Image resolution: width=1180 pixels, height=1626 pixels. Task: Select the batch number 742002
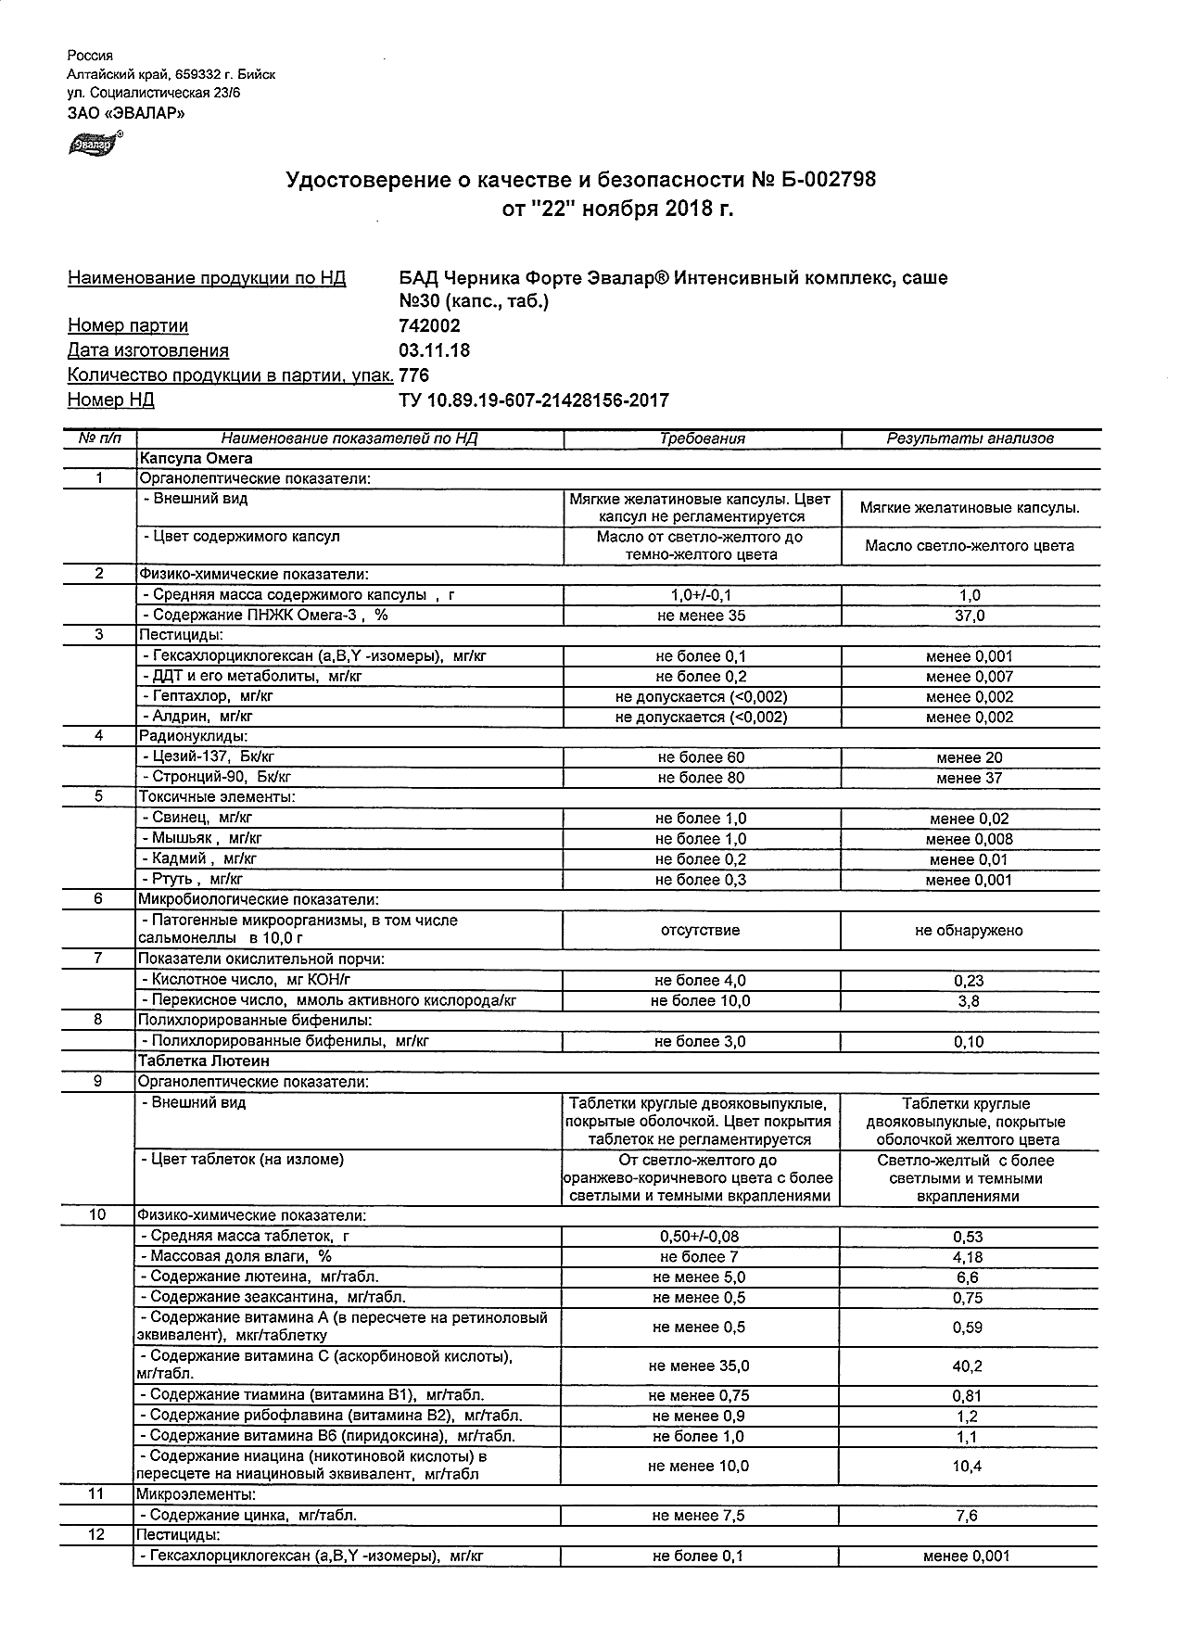[429, 325]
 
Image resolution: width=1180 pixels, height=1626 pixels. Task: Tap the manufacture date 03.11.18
[434, 350]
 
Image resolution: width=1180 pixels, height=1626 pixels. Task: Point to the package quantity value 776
[413, 375]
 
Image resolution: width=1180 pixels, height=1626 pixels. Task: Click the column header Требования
[702, 438]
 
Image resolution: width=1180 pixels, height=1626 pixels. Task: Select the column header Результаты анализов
[970, 438]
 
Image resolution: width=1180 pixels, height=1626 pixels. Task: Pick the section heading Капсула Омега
[196, 458]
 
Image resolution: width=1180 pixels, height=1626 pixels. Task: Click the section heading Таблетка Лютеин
[203, 1061]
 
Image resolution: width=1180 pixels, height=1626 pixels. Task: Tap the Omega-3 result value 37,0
[970, 616]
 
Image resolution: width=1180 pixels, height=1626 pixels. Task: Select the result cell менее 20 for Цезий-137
[970, 757]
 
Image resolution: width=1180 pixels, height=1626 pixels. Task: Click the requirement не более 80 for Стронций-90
[701, 778]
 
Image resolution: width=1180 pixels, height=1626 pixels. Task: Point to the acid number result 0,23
[969, 981]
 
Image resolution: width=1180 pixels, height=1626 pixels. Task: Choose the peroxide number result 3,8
[969, 1001]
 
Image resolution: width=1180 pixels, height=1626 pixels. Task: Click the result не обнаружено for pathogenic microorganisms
[969, 930]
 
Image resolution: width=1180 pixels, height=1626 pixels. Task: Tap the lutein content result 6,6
[968, 1277]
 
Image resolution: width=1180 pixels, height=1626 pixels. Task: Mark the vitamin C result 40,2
[968, 1366]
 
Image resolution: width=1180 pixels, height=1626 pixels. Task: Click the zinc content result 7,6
[968, 1516]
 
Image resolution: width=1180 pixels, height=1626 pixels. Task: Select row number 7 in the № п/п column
[98, 958]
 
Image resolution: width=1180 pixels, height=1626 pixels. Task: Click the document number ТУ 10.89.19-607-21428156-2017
[533, 400]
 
